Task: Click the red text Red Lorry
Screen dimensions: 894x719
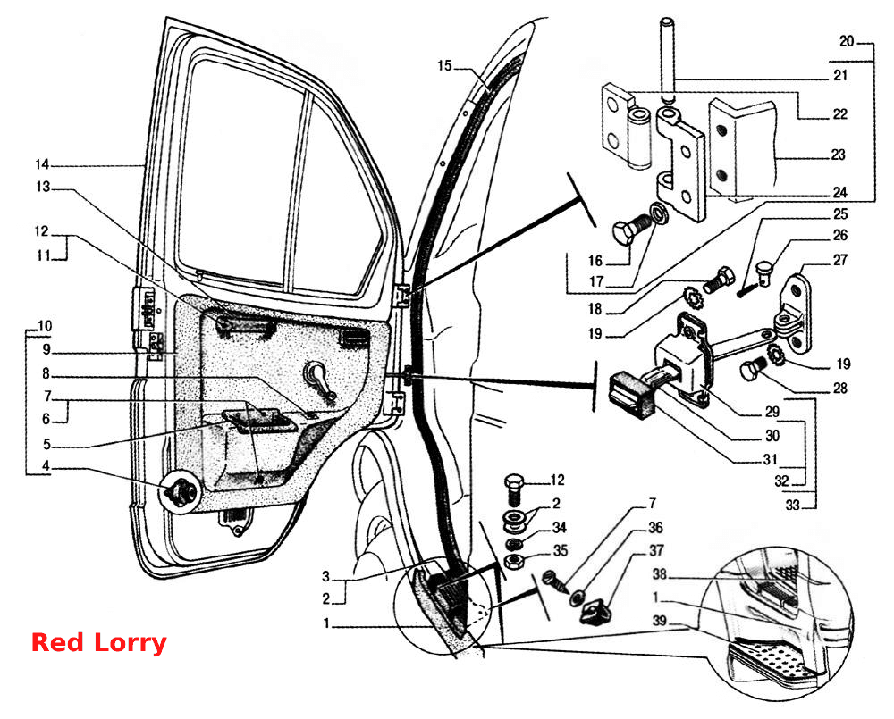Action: click(x=98, y=643)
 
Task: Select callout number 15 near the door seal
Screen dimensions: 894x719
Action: click(x=444, y=66)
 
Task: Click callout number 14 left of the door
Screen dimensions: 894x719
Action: click(x=42, y=165)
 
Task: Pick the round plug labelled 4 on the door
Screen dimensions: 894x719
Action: click(x=179, y=491)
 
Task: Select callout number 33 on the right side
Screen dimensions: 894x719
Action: click(x=792, y=505)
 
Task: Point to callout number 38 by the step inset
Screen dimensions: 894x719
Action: click(x=659, y=574)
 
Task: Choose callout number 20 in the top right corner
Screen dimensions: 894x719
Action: click(x=847, y=42)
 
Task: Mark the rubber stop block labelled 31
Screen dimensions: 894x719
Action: click(x=630, y=394)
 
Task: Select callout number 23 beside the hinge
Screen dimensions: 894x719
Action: click(x=838, y=155)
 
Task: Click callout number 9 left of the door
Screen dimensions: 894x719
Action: click(x=46, y=349)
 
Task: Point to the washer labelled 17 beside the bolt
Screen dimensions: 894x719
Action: click(x=661, y=213)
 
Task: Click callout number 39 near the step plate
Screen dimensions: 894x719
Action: click(x=660, y=621)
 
